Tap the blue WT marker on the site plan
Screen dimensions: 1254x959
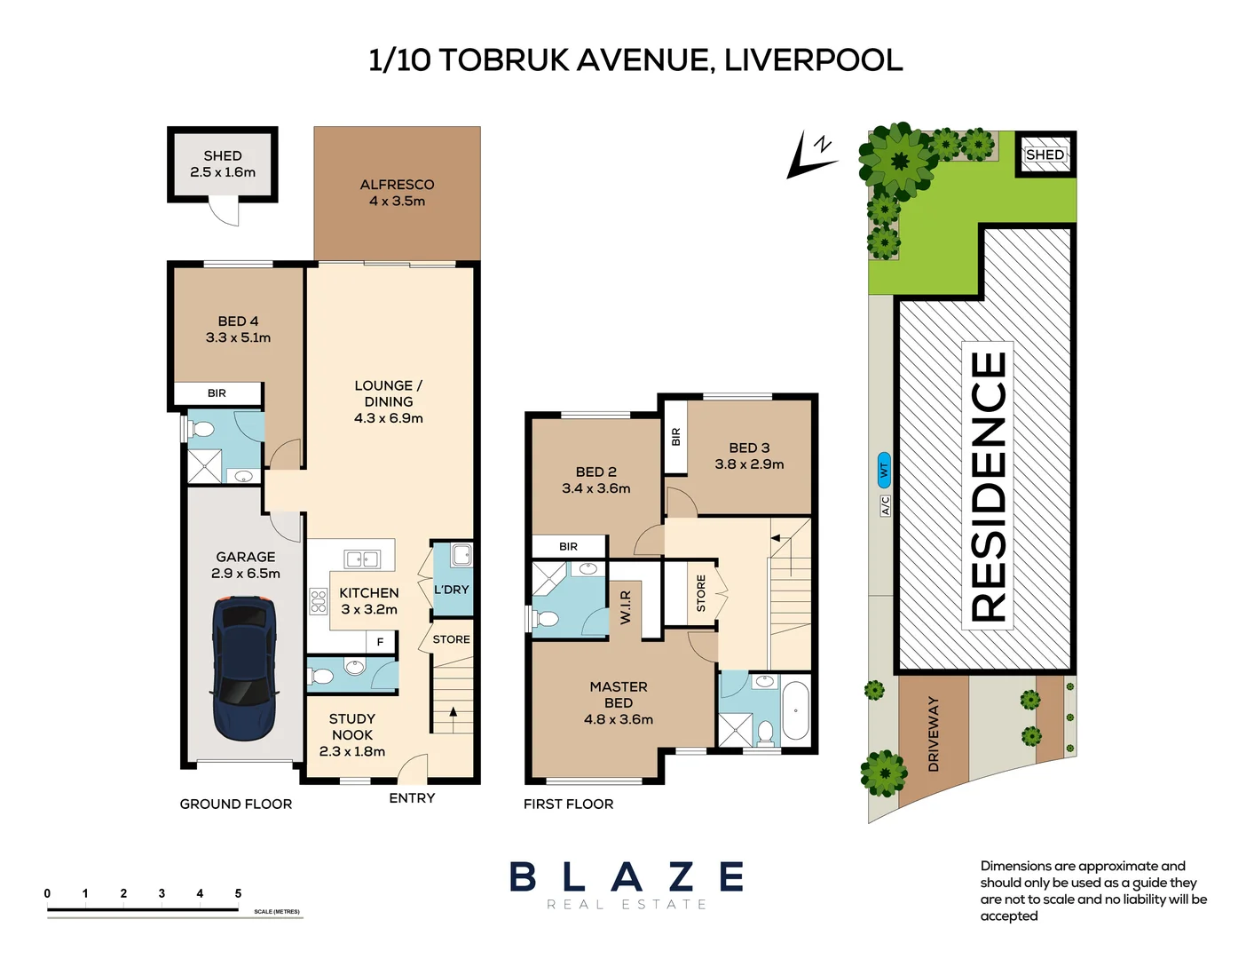(x=884, y=470)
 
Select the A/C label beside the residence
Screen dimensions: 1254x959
(x=885, y=506)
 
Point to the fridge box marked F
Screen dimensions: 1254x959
(x=380, y=642)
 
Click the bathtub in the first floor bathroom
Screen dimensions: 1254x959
(x=795, y=711)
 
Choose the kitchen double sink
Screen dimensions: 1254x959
(x=362, y=559)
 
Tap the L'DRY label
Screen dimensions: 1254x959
(x=452, y=590)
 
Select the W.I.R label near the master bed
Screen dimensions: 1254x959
(x=626, y=607)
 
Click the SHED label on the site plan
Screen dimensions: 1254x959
(x=1045, y=155)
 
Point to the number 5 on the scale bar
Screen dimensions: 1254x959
(x=238, y=892)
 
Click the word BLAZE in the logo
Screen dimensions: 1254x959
(x=627, y=876)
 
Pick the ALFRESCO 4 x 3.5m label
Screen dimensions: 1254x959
(x=397, y=193)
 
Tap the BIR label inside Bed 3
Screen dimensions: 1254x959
(x=676, y=437)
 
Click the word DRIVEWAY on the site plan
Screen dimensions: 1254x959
(x=933, y=733)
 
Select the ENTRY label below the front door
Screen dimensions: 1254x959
(x=412, y=797)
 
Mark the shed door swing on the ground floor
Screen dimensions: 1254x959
(x=224, y=211)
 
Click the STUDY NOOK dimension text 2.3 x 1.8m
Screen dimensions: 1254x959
(x=352, y=751)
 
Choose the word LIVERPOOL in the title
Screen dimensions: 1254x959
(x=814, y=60)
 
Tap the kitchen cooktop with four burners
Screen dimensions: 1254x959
(x=319, y=602)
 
